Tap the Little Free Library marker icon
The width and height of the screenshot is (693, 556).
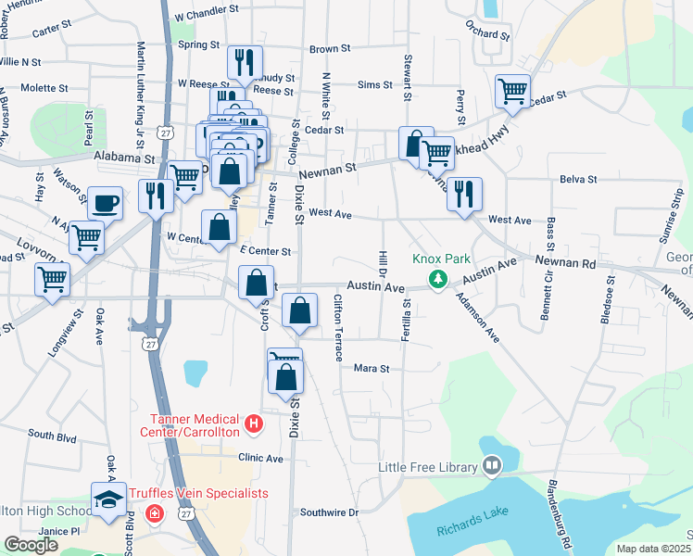tap(490, 467)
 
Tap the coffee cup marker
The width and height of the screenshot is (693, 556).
tap(105, 202)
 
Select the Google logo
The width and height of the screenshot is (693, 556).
tap(31, 545)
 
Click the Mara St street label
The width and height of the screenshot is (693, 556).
tap(372, 368)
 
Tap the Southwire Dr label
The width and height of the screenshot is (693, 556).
tap(328, 512)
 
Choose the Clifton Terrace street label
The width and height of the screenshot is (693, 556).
tap(339, 328)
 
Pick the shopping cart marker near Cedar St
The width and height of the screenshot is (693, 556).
tap(512, 91)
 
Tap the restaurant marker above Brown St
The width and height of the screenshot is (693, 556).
tap(245, 62)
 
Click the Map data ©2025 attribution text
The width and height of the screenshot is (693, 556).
tap(653, 549)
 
